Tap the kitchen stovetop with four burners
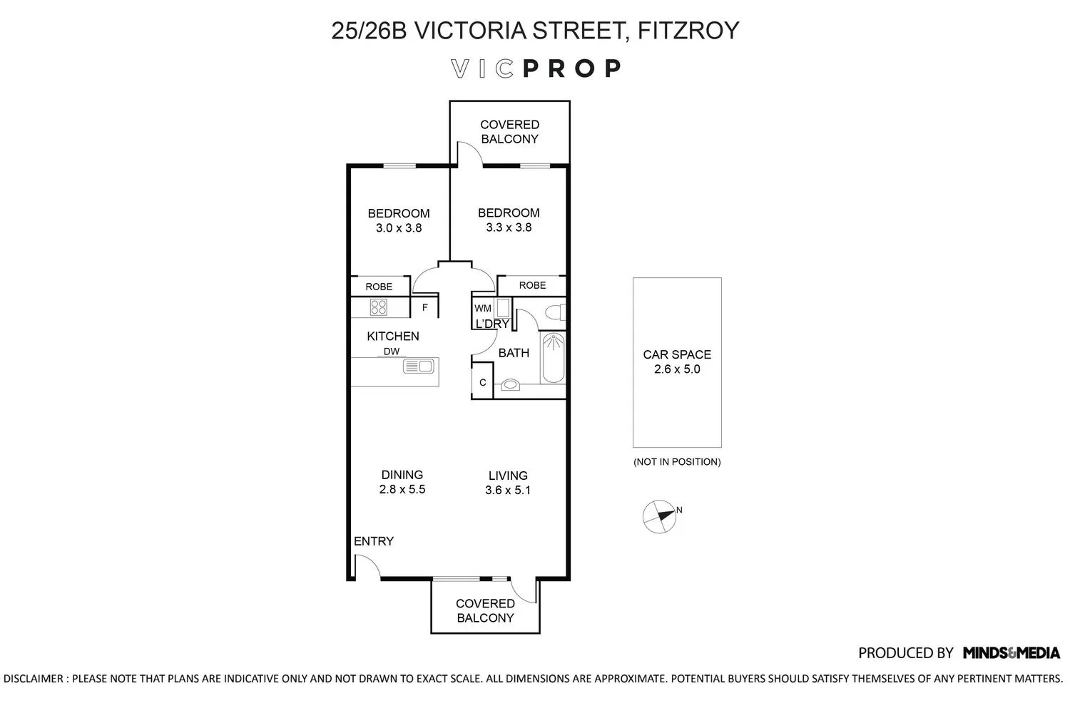point(378,307)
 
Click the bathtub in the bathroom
point(553,358)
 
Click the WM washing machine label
point(483,308)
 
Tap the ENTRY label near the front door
point(374,541)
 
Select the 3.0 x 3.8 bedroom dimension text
point(399,228)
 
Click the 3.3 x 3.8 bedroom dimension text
point(509,227)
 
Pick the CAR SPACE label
point(677,354)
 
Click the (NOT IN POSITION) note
point(677,462)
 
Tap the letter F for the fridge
point(425,308)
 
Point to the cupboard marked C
point(482,383)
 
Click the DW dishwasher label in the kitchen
point(392,352)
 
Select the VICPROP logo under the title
point(536,68)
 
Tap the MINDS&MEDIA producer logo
point(1011,652)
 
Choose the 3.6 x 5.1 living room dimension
point(508,491)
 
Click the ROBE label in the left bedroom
point(379,287)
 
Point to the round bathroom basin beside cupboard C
point(511,385)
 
